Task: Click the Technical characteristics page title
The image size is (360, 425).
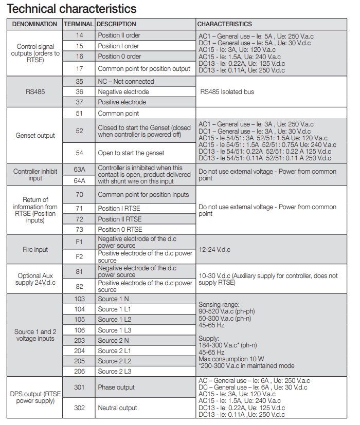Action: pos(71,9)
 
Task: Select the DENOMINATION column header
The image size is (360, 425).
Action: pos(34,24)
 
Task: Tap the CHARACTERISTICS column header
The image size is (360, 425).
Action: pos(225,24)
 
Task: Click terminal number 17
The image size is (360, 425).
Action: pos(79,69)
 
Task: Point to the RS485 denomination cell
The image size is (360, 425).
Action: pos(34,92)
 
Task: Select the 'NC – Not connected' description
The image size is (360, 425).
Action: pos(126,82)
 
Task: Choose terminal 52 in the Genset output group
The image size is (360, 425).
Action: pos(79,131)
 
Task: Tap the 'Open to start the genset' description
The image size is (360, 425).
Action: pos(131,153)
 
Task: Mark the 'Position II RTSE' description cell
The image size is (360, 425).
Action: pos(119,219)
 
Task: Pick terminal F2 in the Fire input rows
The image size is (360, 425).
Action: pos(79,256)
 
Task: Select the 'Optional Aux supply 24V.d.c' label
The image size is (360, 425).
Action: pos(34,279)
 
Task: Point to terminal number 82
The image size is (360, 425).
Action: pos(79,286)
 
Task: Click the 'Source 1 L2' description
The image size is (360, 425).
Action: pos(115,320)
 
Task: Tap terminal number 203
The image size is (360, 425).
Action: pos(79,340)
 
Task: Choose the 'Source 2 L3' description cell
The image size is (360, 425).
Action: pos(115,371)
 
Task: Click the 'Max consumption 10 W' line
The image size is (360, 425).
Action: pos(231,359)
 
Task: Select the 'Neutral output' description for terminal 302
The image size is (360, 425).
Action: pos(118,408)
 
